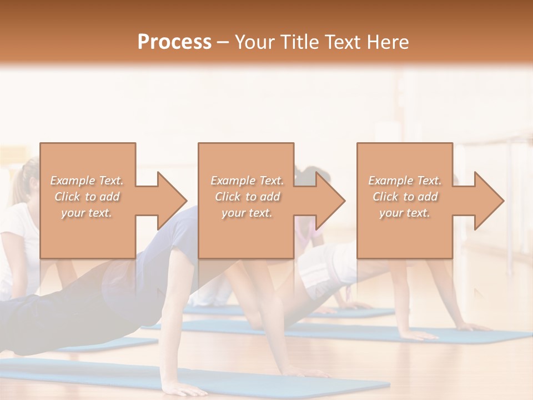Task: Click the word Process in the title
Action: (x=174, y=42)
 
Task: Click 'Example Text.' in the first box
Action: (x=87, y=181)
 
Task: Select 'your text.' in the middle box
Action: (x=247, y=213)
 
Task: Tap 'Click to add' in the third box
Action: (x=405, y=197)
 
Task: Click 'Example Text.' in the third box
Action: (x=405, y=181)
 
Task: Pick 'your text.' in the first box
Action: (x=87, y=213)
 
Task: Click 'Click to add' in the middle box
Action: (x=247, y=197)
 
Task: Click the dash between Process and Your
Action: (x=223, y=42)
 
